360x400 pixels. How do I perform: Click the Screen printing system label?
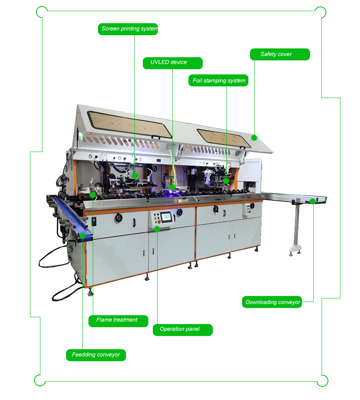[128, 29]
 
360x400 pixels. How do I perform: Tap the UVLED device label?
[173, 63]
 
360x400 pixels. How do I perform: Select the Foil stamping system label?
[218, 80]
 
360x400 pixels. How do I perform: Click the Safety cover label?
[280, 54]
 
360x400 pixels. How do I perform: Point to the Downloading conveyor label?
[272, 302]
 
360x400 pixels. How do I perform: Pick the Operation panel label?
[182, 330]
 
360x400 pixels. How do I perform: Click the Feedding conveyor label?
[96, 355]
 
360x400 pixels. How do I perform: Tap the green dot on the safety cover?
[254, 138]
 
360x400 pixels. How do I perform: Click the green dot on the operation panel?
[157, 229]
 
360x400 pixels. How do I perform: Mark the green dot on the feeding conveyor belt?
[82, 236]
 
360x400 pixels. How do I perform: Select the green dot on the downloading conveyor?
[312, 201]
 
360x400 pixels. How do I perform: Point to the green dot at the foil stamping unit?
[226, 181]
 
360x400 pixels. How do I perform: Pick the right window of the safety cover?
[222, 138]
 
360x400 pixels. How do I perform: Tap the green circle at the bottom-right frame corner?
[322, 381]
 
